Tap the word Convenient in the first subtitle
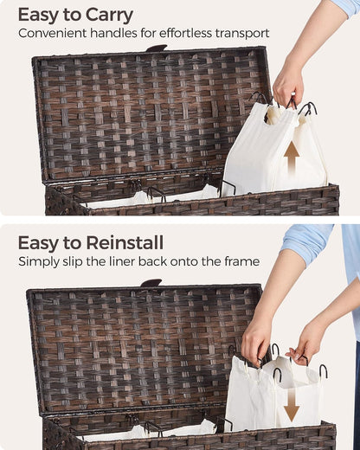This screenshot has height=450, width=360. tap(52, 33)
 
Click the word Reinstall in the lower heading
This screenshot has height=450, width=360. tap(125, 242)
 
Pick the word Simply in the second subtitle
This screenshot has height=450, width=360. tap(38, 262)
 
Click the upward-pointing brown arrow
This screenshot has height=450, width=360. tap(292, 157)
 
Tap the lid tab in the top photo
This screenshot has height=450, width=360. tap(156, 48)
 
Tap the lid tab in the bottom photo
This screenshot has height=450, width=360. tap(151, 282)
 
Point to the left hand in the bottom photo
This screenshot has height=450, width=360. tap(258, 340)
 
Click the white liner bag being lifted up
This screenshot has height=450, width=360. tap(275, 149)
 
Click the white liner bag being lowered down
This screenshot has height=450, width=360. tap(274, 394)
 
